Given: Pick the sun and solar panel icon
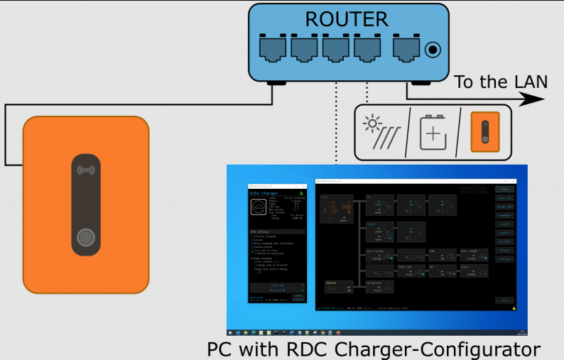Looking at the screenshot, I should pos(381,132).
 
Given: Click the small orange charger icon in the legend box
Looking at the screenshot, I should pos(485,133).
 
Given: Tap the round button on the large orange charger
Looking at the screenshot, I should pos(87,238).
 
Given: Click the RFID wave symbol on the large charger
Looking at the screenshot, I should pos(86,170).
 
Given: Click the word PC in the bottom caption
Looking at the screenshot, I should pos(221,349).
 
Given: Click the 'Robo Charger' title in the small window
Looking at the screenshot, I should pos(264,192).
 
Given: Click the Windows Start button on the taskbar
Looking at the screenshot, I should pos(230,332).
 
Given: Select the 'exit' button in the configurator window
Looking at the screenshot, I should pos(504,300).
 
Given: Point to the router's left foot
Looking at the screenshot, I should pos(273,83).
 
